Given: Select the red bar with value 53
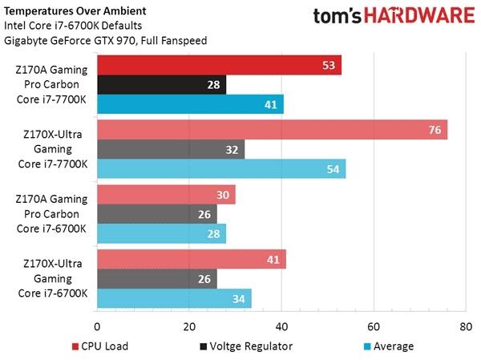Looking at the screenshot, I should (x=219, y=65).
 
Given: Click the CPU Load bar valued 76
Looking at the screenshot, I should (x=272, y=130).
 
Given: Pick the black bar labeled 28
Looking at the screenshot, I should (x=161, y=84).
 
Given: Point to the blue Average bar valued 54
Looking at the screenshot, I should (x=221, y=169).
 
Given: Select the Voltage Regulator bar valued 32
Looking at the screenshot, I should (x=171, y=149).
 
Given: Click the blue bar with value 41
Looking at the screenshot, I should (x=191, y=104).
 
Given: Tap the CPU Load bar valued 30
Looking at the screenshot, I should (x=166, y=195).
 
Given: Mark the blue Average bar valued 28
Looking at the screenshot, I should (x=161, y=233).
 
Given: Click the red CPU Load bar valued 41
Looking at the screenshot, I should (x=192, y=260).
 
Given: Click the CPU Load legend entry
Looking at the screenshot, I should (x=101, y=346).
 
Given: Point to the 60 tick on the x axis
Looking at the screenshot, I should (x=373, y=327).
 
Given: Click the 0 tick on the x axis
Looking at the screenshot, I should (x=97, y=327).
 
